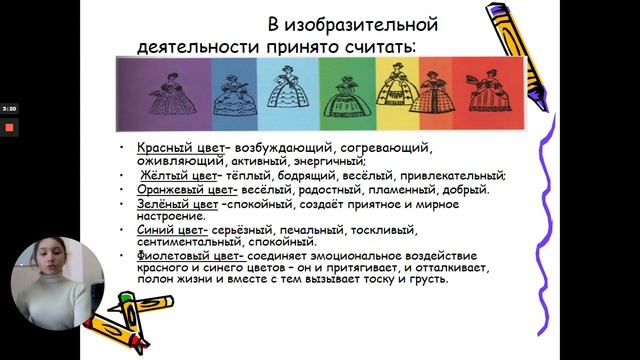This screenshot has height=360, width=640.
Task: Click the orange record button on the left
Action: tap(9, 127)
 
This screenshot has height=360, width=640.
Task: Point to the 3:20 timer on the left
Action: tap(9, 108)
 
